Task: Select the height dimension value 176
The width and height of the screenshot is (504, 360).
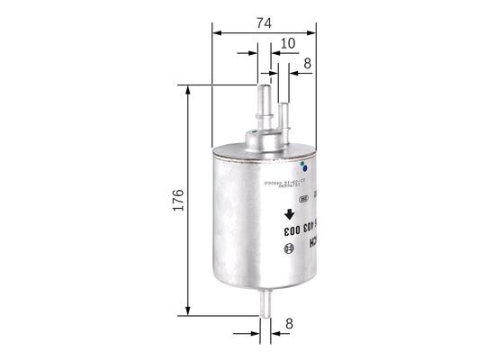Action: coord(177,201)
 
